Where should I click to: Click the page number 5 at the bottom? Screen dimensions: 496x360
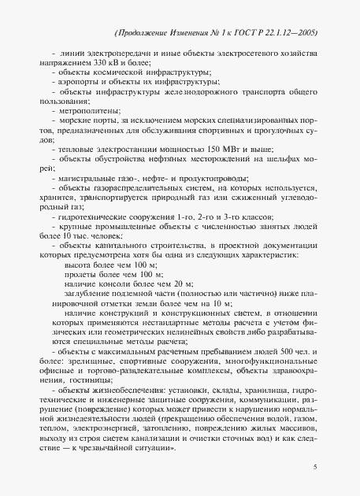pos(314,468)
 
